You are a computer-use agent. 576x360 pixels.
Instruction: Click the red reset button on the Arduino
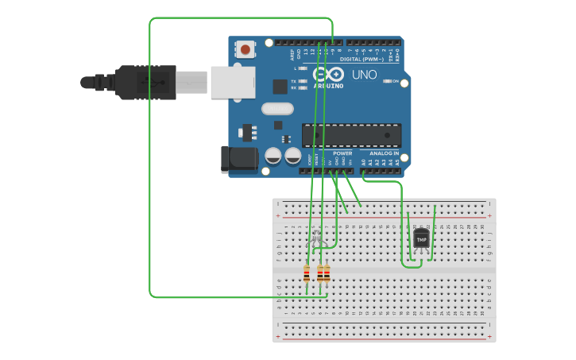(x=245, y=50)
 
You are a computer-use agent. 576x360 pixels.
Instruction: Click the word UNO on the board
(x=364, y=74)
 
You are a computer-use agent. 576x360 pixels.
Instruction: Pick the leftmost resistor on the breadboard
(x=307, y=274)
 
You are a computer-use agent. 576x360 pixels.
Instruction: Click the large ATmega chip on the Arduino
(x=351, y=134)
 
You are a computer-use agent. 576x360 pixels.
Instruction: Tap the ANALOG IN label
(x=384, y=153)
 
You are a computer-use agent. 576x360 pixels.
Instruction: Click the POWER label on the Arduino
(x=342, y=153)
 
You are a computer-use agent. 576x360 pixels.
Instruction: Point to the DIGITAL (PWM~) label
(x=361, y=59)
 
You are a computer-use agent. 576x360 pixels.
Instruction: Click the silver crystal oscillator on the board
(x=277, y=109)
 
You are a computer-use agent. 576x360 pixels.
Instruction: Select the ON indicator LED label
(x=395, y=81)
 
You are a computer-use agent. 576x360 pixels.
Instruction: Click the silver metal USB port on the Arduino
(x=233, y=82)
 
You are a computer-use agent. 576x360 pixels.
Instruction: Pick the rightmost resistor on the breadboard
(x=327, y=274)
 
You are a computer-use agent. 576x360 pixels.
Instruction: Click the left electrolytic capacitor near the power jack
(x=273, y=156)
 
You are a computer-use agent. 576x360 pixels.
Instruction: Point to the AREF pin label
(x=292, y=55)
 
